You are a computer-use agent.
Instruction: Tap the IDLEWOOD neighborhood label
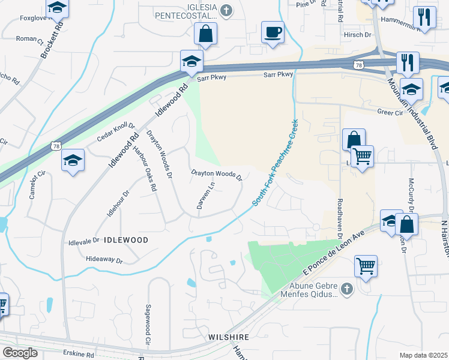point(126,239)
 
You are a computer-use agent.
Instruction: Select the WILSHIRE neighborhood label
point(229,337)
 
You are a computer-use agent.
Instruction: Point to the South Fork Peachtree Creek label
point(276,163)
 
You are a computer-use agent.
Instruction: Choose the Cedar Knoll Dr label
point(116,134)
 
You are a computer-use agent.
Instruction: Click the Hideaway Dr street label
point(104,261)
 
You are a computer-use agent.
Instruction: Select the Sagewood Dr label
point(147,324)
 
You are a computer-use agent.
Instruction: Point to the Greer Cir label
point(390,112)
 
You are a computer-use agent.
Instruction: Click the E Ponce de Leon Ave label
point(334,255)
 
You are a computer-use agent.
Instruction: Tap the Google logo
point(19,353)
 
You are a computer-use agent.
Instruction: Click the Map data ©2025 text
point(423,355)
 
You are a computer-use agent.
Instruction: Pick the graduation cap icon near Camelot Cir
point(73,160)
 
